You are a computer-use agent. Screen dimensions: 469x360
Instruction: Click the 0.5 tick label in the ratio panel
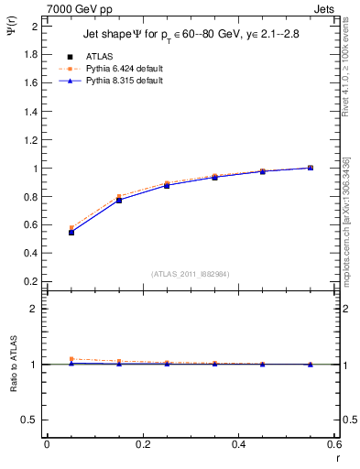[29, 420]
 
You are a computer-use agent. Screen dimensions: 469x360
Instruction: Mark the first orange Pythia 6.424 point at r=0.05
[71, 228]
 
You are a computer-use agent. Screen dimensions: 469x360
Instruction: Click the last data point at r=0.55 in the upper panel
[311, 168]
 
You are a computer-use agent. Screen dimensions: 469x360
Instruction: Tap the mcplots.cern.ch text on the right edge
[347, 229]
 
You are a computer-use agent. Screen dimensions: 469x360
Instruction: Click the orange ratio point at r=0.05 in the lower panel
[71, 359]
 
